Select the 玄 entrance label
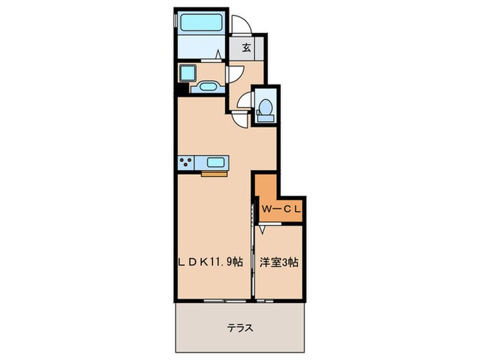coord(245,49)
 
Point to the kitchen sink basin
coord(215,163)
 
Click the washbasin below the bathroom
coord(207,86)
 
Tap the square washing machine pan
coord(187,73)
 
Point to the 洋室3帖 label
coord(278,261)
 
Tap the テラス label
coord(240,328)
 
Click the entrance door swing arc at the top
coord(241,25)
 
